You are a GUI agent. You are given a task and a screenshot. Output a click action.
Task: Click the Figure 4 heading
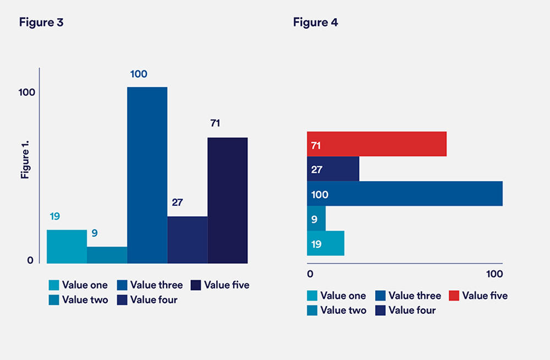pyautogui.click(x=315, y=23)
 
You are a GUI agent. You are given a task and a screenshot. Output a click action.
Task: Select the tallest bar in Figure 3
pyautogui.click(x=147, y=175)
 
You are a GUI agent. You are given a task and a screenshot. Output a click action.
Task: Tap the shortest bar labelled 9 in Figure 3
pyautogui.click(x=107, y=255)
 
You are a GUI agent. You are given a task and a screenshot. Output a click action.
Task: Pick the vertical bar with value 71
pyautogui.click(x=227, y=200)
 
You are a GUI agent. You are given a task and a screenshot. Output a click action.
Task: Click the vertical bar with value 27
pyautogui.click(x=187, y=239)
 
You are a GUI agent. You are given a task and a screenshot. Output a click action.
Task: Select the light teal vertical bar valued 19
pyautogui.click(x=67, y=247)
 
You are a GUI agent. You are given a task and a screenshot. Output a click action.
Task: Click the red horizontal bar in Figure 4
pyautogui.click(x=376, y=144)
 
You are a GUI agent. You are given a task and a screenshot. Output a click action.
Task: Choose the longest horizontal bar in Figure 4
pyautogui.click(x=404, y=194)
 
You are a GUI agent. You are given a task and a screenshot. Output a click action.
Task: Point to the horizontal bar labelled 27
pyautogui.click(x=333, y=169)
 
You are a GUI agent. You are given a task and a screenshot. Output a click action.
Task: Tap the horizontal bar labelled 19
pyautogui.click(x=325, y=243)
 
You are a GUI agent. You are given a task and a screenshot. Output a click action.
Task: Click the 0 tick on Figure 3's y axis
pyautogui.click(x=30, y=260)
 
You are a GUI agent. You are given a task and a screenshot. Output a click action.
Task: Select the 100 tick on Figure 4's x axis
pyautogui.click(x=494, y=274)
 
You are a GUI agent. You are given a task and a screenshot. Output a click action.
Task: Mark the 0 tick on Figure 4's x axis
pyautogui.click(x=310, y=274)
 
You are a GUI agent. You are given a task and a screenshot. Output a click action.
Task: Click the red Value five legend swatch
pyautogui.click(x=454, y=296)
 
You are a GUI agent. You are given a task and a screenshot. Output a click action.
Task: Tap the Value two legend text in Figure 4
pyautogui.click(x=343, y=310)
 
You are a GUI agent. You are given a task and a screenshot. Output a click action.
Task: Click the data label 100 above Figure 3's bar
pyautogui.click(x=139, y=74)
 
